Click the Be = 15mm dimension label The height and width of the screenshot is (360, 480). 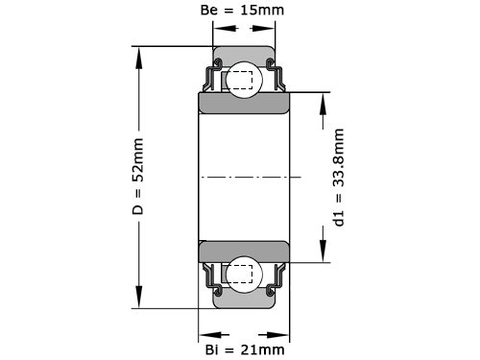click(x=242, y=11)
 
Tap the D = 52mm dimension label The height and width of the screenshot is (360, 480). click(x=138, y=177)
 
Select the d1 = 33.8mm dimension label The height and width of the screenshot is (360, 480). click(x=339, y=178)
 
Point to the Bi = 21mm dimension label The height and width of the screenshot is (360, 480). click(x=245, y=349)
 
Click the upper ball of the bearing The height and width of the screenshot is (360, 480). click(x=244, y=80)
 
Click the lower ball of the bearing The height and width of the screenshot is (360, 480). click(x=244, y=275)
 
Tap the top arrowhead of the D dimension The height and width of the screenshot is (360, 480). click(x=138, y=58)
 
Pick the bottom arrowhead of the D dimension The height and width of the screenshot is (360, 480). click(x=138, y=297)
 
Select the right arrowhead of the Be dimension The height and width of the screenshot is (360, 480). click(x=264, y=29)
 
